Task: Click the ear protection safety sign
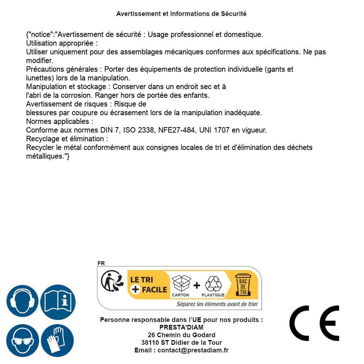tap(22, 301)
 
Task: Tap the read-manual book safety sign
tap(58, 301)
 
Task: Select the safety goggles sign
tap(22, 341)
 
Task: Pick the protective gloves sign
tap(58, 341)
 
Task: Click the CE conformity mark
tap(314, 323)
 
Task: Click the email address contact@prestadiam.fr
tap(193, 350)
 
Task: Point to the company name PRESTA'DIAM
tap(181, 327)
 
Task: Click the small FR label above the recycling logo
tap(101, 264)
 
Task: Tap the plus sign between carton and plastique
tap(197, 285)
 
